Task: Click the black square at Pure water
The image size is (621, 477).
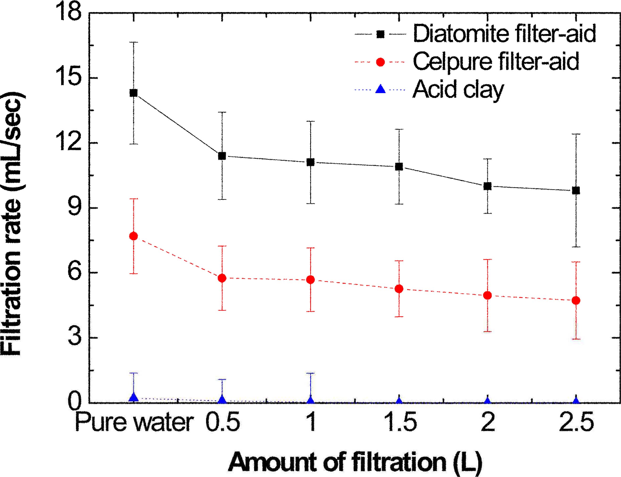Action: (133, 93)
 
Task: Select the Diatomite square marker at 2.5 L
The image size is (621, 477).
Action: (576, 191)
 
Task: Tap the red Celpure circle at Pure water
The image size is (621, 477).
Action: (133, 236)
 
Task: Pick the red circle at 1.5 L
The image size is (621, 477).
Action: (399, 289)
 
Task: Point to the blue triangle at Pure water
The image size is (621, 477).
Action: (133, 397)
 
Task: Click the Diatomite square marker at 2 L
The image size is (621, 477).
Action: (487, 186)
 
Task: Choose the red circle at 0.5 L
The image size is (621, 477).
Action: (222, 278)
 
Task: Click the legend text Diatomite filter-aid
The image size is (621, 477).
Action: (504, 34)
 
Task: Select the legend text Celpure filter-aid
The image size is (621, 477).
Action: (496, 62)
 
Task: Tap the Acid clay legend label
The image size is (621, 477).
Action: (458, 89)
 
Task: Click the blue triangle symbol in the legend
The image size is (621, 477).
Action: (380, 90)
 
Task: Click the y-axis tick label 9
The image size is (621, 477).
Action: (74, 208)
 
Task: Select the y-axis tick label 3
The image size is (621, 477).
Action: (74, 338)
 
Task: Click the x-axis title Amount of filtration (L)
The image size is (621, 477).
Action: (355, 462)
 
